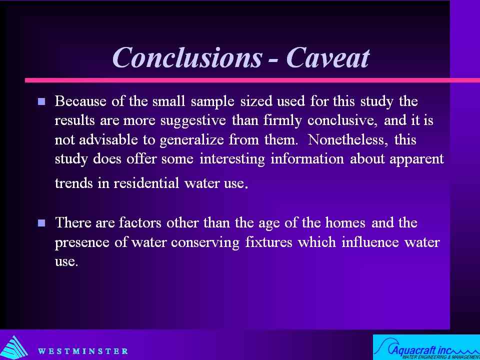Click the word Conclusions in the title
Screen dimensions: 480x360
click(x=187, y=57)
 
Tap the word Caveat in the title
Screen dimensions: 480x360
click(x=328, y=57)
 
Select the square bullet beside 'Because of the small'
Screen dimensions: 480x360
click(x=41, y=101)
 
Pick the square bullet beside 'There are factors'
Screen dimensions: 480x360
click(x=41, y=222)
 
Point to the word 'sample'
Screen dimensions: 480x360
click(x=213, y=102)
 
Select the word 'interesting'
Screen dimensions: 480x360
click(x=232, y=160)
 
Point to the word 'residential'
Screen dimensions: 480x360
click(x=146, y=183)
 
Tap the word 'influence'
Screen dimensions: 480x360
click(x=370, y=242)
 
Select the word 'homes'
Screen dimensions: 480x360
click(x=345, y=222)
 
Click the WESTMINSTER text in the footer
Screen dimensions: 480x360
click(x=82, y=351)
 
